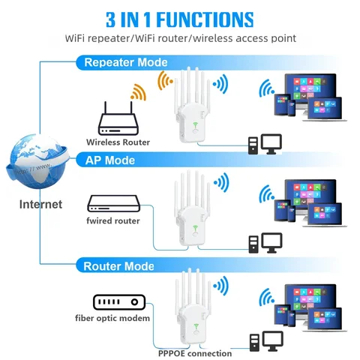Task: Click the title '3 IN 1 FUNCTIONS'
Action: coord(179,17)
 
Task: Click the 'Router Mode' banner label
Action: coord(119,266)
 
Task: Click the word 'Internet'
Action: coord(40,204)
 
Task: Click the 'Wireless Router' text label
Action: coord(118,142)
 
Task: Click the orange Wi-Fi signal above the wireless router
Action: coord(137,92)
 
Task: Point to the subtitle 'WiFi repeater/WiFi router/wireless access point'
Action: coord(180,38)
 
